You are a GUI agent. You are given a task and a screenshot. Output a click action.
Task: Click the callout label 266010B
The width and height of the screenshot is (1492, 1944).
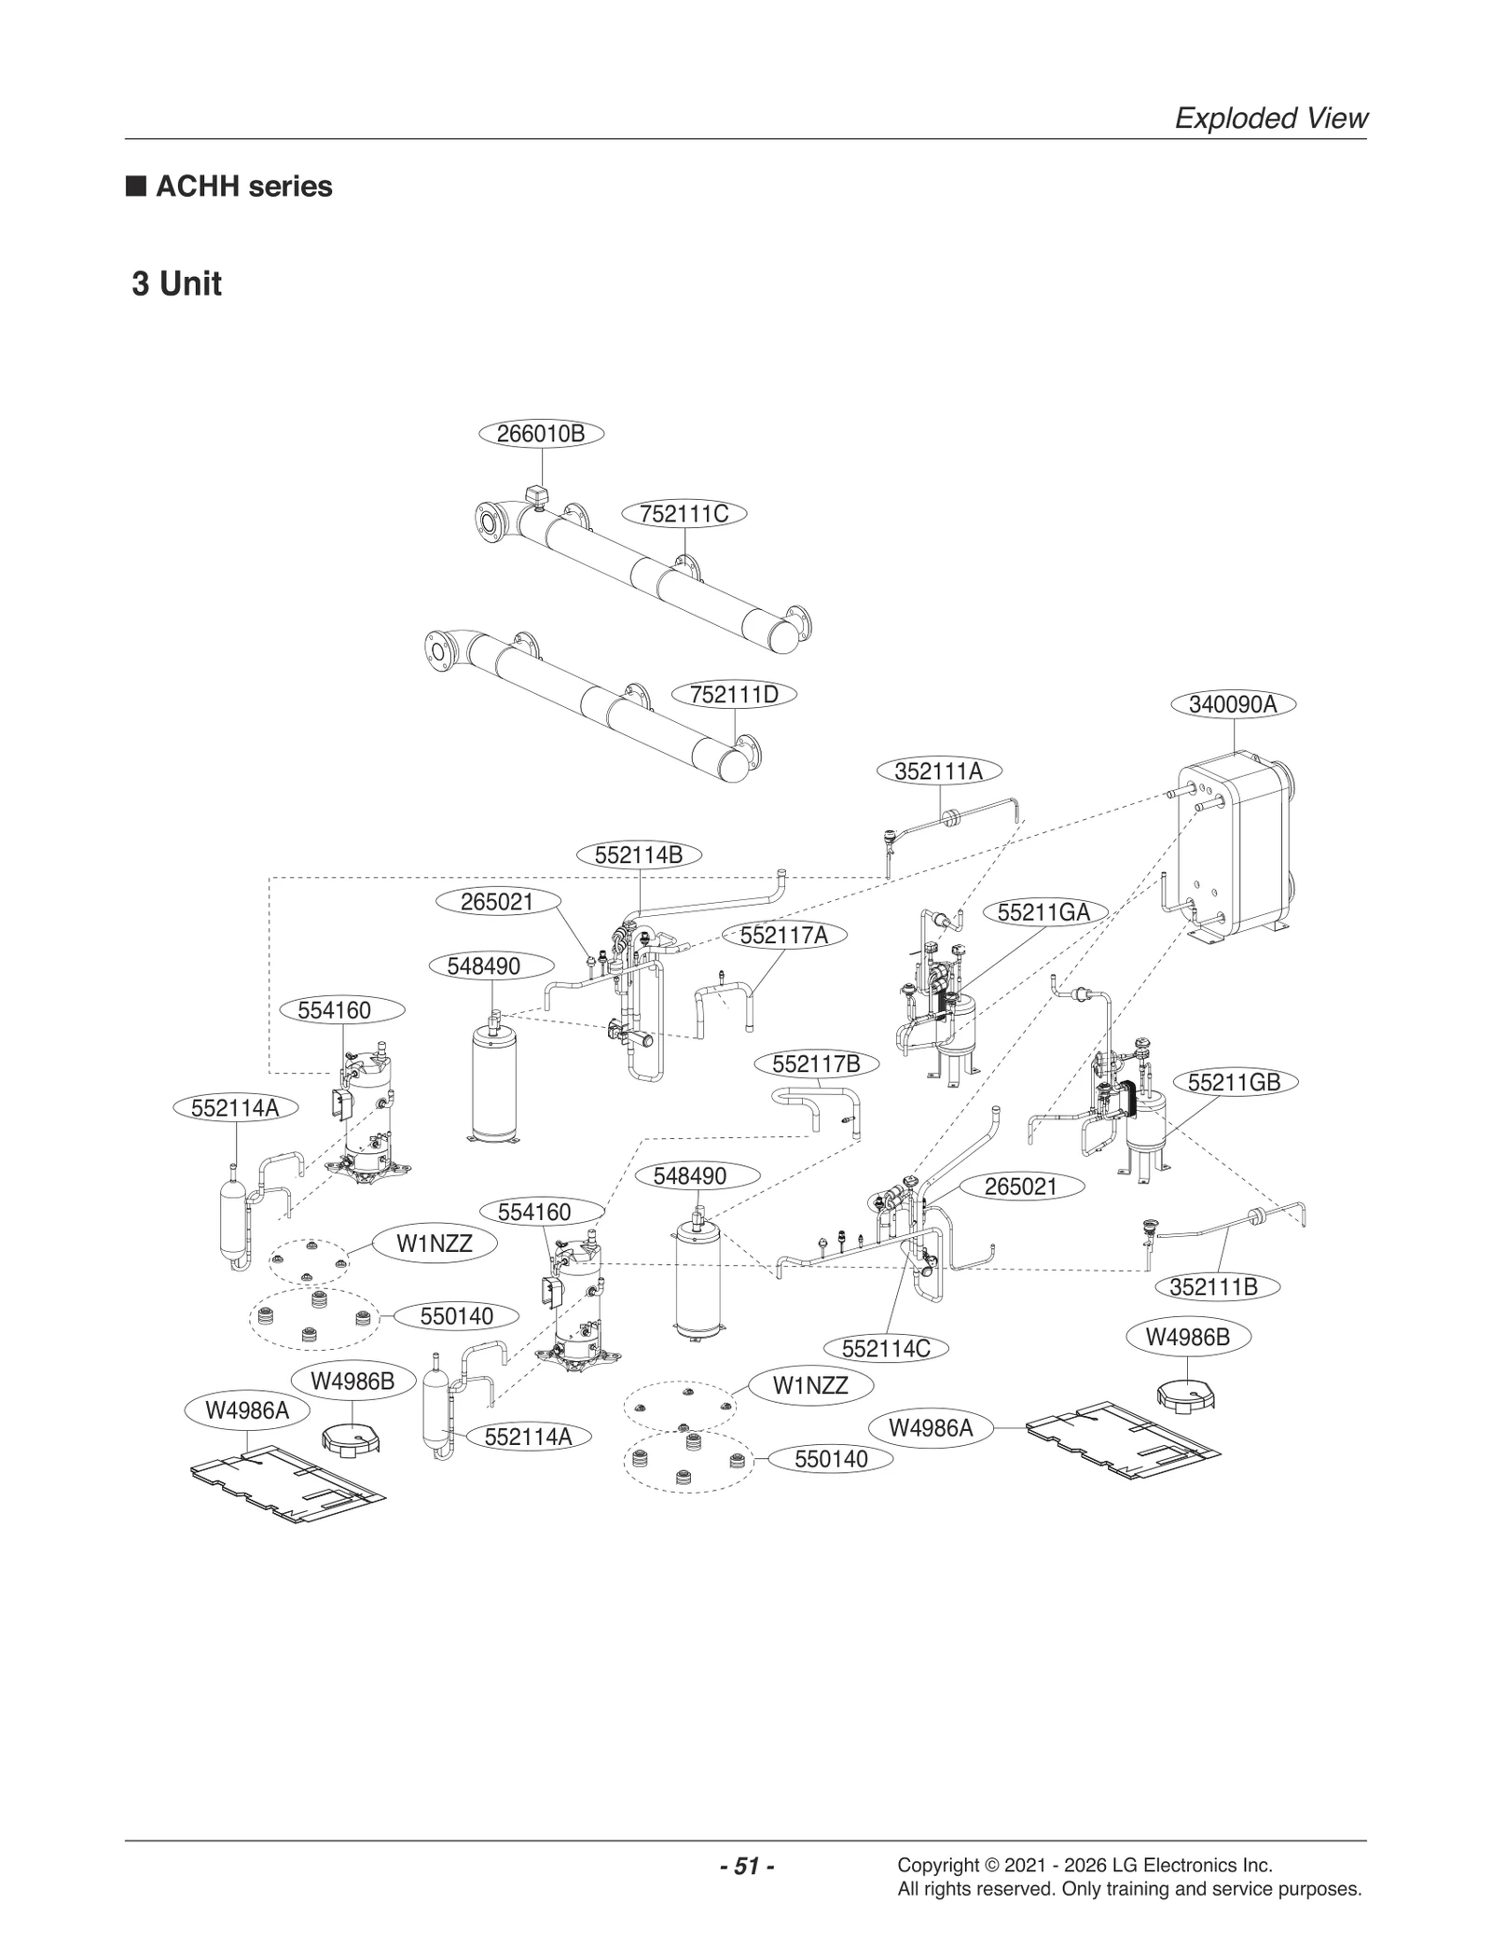click(x=541, y=434)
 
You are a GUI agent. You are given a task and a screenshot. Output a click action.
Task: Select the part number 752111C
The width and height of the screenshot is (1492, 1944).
click(x=684, y=514)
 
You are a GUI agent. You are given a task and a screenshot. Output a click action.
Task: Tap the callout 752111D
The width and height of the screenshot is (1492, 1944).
click(x=734, y=695)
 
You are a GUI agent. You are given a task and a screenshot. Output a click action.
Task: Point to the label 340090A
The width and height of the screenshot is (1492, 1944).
click(x=1233, y=704)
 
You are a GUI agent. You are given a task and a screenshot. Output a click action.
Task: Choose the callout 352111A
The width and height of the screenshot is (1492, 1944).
click(x=939, y=771)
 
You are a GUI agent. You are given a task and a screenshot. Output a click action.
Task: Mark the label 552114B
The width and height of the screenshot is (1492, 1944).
click(x=639, y=854)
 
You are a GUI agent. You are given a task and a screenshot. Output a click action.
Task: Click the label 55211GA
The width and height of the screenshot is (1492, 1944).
click(x=1043, y=912)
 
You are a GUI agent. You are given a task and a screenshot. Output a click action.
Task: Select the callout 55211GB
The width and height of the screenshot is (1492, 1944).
click(x=1234, y=1082)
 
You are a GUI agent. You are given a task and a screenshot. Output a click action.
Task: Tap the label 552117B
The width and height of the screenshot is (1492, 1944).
click(x=816, y=1063)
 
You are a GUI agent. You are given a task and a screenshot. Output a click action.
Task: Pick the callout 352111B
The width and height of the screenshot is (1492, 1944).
click(x=1213, y=1286)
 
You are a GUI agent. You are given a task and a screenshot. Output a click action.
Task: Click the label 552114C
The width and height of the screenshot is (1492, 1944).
click(x=886, y=1349)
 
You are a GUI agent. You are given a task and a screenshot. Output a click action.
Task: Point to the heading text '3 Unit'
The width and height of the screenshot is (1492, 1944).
click(x=177, y=284)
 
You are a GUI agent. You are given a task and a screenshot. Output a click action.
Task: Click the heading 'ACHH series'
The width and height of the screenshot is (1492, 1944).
click(x=243, y=187)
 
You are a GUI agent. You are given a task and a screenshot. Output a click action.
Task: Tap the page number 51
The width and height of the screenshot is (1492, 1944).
click(x=747, y=1867)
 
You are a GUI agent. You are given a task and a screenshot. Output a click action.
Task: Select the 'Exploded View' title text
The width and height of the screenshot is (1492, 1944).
click(x=1270, y=118)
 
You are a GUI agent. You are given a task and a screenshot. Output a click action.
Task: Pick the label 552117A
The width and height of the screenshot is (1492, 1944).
click(x=783, y=936)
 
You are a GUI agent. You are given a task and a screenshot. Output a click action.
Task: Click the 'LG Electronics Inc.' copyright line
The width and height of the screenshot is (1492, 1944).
click(x=1084, y=1866)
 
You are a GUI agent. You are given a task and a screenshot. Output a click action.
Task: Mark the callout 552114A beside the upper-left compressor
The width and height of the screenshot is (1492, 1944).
click(x=235, y=1107)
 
